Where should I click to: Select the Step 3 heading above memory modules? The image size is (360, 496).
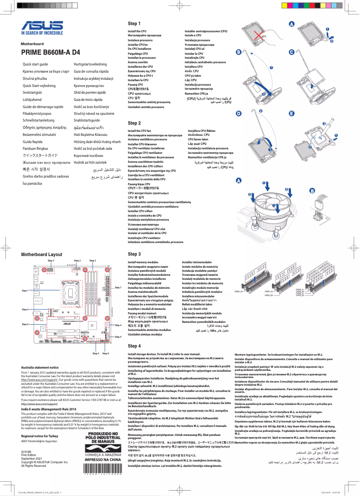coord(134,254)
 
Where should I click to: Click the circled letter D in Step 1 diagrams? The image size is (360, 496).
coord(239,113)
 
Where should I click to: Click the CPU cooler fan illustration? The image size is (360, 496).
coord(268,206)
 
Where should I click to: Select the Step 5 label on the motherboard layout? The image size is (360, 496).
coord(25,324)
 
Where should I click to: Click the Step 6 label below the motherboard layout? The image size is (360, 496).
coord(105,353)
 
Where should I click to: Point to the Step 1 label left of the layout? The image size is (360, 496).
coord(25,291)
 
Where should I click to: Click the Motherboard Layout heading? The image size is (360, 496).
coord(42,254)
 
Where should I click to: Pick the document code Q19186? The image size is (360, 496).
coord(26,452)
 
